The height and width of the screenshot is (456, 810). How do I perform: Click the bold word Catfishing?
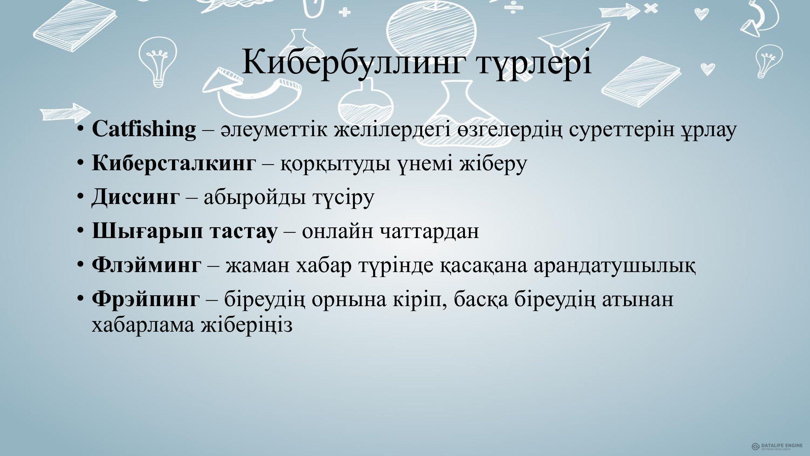click(x=144, y=129)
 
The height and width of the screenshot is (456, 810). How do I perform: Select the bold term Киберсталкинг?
click(x=173, y=163)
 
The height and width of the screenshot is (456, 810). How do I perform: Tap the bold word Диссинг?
click(x=136, y=197)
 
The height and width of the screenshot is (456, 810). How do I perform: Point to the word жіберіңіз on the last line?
click(x=247, y=325)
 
